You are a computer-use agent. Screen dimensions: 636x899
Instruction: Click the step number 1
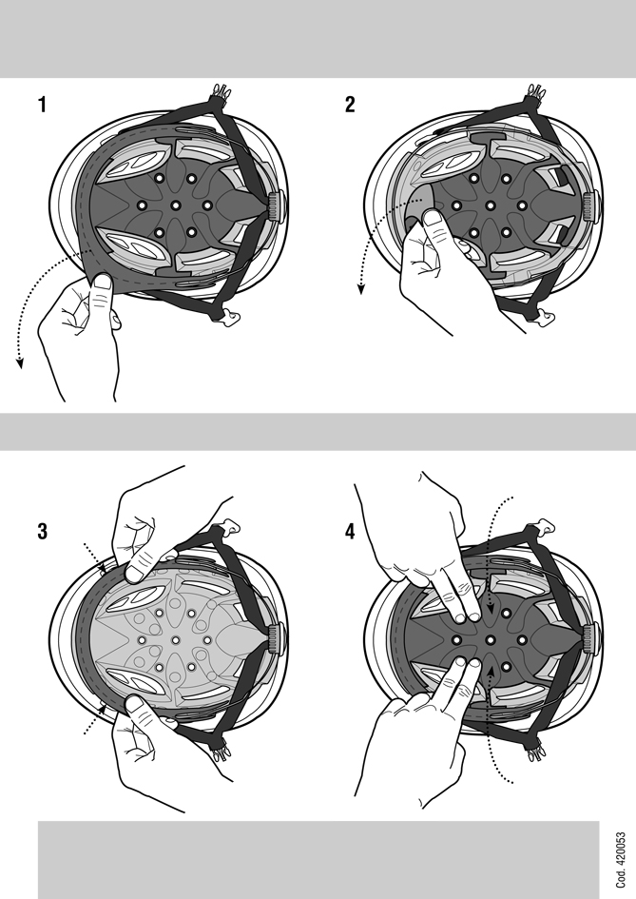42,105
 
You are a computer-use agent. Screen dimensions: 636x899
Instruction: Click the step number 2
350,105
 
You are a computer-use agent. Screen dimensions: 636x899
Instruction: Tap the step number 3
43,532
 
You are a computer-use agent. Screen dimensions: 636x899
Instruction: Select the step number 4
350,532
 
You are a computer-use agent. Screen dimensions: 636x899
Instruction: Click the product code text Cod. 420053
621,860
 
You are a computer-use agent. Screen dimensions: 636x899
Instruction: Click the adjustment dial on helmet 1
277,206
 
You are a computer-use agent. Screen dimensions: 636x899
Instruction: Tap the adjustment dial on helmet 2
589,206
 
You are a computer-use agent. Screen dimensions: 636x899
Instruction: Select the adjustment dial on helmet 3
277,637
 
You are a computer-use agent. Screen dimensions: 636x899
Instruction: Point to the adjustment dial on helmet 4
589,637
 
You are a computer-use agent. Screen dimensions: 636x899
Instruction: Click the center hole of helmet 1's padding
176,205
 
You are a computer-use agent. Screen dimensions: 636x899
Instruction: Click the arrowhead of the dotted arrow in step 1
20,362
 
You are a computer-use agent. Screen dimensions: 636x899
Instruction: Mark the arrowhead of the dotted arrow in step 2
361,288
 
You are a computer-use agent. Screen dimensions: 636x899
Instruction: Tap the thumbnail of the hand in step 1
103,282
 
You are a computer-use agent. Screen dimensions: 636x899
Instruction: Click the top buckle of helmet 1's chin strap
221,91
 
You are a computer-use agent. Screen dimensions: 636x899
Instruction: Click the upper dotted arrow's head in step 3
102,568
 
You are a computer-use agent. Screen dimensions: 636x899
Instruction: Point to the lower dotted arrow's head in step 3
102,710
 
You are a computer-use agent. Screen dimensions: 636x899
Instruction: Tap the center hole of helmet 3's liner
176,638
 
